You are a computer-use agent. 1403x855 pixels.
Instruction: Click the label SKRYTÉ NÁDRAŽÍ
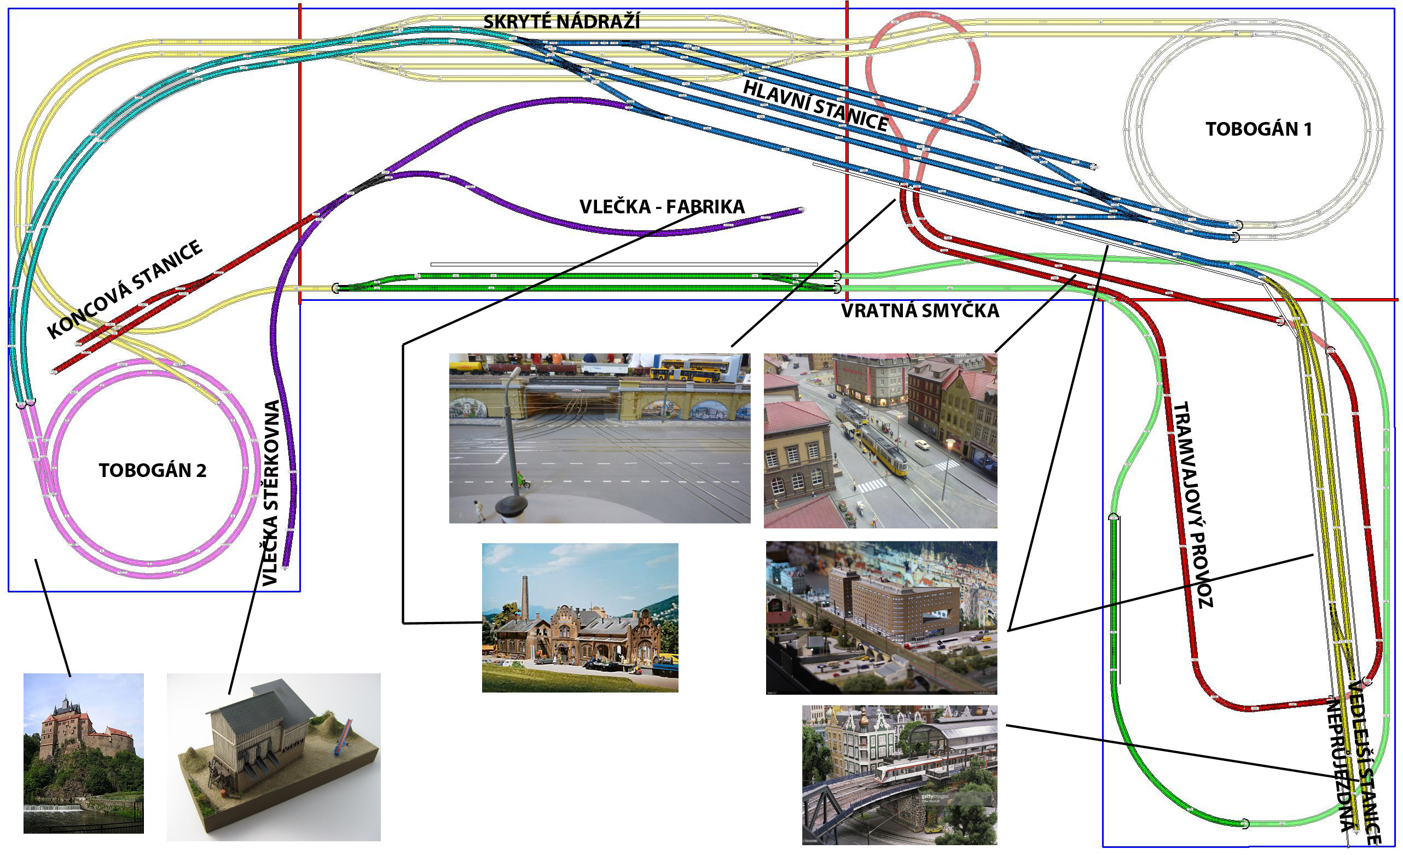[561, 22]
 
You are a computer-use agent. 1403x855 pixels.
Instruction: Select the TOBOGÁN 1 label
[1259, 129]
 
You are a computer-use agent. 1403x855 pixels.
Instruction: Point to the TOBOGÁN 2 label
[152, 471]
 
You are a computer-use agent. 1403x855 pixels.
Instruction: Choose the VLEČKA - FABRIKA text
[662, 207]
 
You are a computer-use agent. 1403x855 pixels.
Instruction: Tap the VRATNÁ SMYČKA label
[920, 311]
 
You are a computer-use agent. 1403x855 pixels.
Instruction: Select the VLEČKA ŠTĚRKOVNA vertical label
[271, 493]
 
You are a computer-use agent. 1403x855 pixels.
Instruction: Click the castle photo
[83, 753]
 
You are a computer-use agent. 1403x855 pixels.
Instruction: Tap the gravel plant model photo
[273, 757]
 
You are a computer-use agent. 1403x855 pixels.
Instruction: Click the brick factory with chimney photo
[579, 618]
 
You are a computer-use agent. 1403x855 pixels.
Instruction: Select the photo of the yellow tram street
[880, 440]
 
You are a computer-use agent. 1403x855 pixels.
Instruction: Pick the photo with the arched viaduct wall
[599, 438]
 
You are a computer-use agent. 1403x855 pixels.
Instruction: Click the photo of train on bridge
[899, 774]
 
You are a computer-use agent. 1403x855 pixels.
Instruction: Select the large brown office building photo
[881, 617]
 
